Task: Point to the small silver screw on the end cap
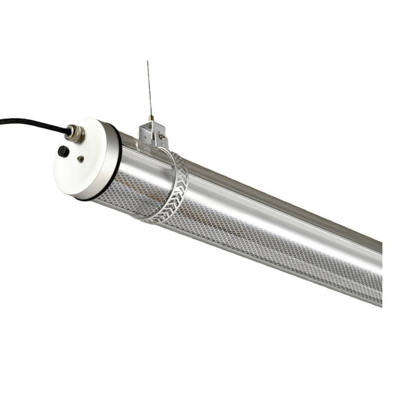click(x=81, y=158)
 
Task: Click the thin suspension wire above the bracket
click(x=150, y=90)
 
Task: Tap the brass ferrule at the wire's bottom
click(x=152, y=118)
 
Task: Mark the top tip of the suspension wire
click(x=148, y=62)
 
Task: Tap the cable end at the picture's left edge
click(x=2, y=120)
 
